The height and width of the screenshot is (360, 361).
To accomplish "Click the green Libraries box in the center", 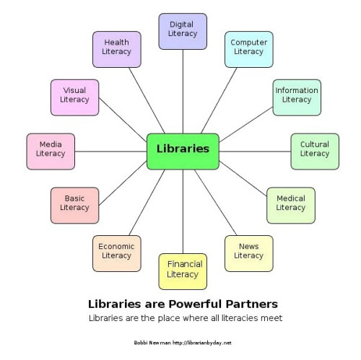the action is (x=183, y=152).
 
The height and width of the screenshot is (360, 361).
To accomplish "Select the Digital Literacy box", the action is (x=183, y=31).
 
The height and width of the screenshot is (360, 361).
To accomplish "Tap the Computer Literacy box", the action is (x=249, y=49).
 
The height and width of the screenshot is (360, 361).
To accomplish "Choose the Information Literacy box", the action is (x=297, y=97).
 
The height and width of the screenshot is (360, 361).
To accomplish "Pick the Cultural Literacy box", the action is (x=315, y=152).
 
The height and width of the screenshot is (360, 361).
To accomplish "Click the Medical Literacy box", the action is (x=291, y=206).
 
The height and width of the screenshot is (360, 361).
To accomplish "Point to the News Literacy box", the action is (x=249, y=253).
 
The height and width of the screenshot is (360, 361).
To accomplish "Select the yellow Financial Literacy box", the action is (x=183, y=271).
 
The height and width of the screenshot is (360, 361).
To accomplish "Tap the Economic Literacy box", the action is (x=117, y=253).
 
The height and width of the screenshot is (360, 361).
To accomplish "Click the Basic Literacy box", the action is (x=74, y=206).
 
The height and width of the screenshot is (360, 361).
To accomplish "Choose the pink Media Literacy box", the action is (x=51, y=152).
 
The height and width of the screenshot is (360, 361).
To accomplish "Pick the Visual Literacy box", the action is (x=74, y=97).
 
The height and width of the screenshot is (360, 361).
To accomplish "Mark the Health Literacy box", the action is (x=117, y=49).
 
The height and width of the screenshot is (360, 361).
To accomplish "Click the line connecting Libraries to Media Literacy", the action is (x=110, y=152).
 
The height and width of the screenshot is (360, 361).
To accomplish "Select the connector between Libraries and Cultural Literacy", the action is (x=255, y=152).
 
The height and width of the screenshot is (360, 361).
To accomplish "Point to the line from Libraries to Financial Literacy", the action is (x=183, y=211).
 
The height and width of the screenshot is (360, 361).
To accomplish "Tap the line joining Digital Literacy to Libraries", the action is (x=183, y=92).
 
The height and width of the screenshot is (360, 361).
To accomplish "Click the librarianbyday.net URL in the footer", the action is (x=202, y=343).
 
